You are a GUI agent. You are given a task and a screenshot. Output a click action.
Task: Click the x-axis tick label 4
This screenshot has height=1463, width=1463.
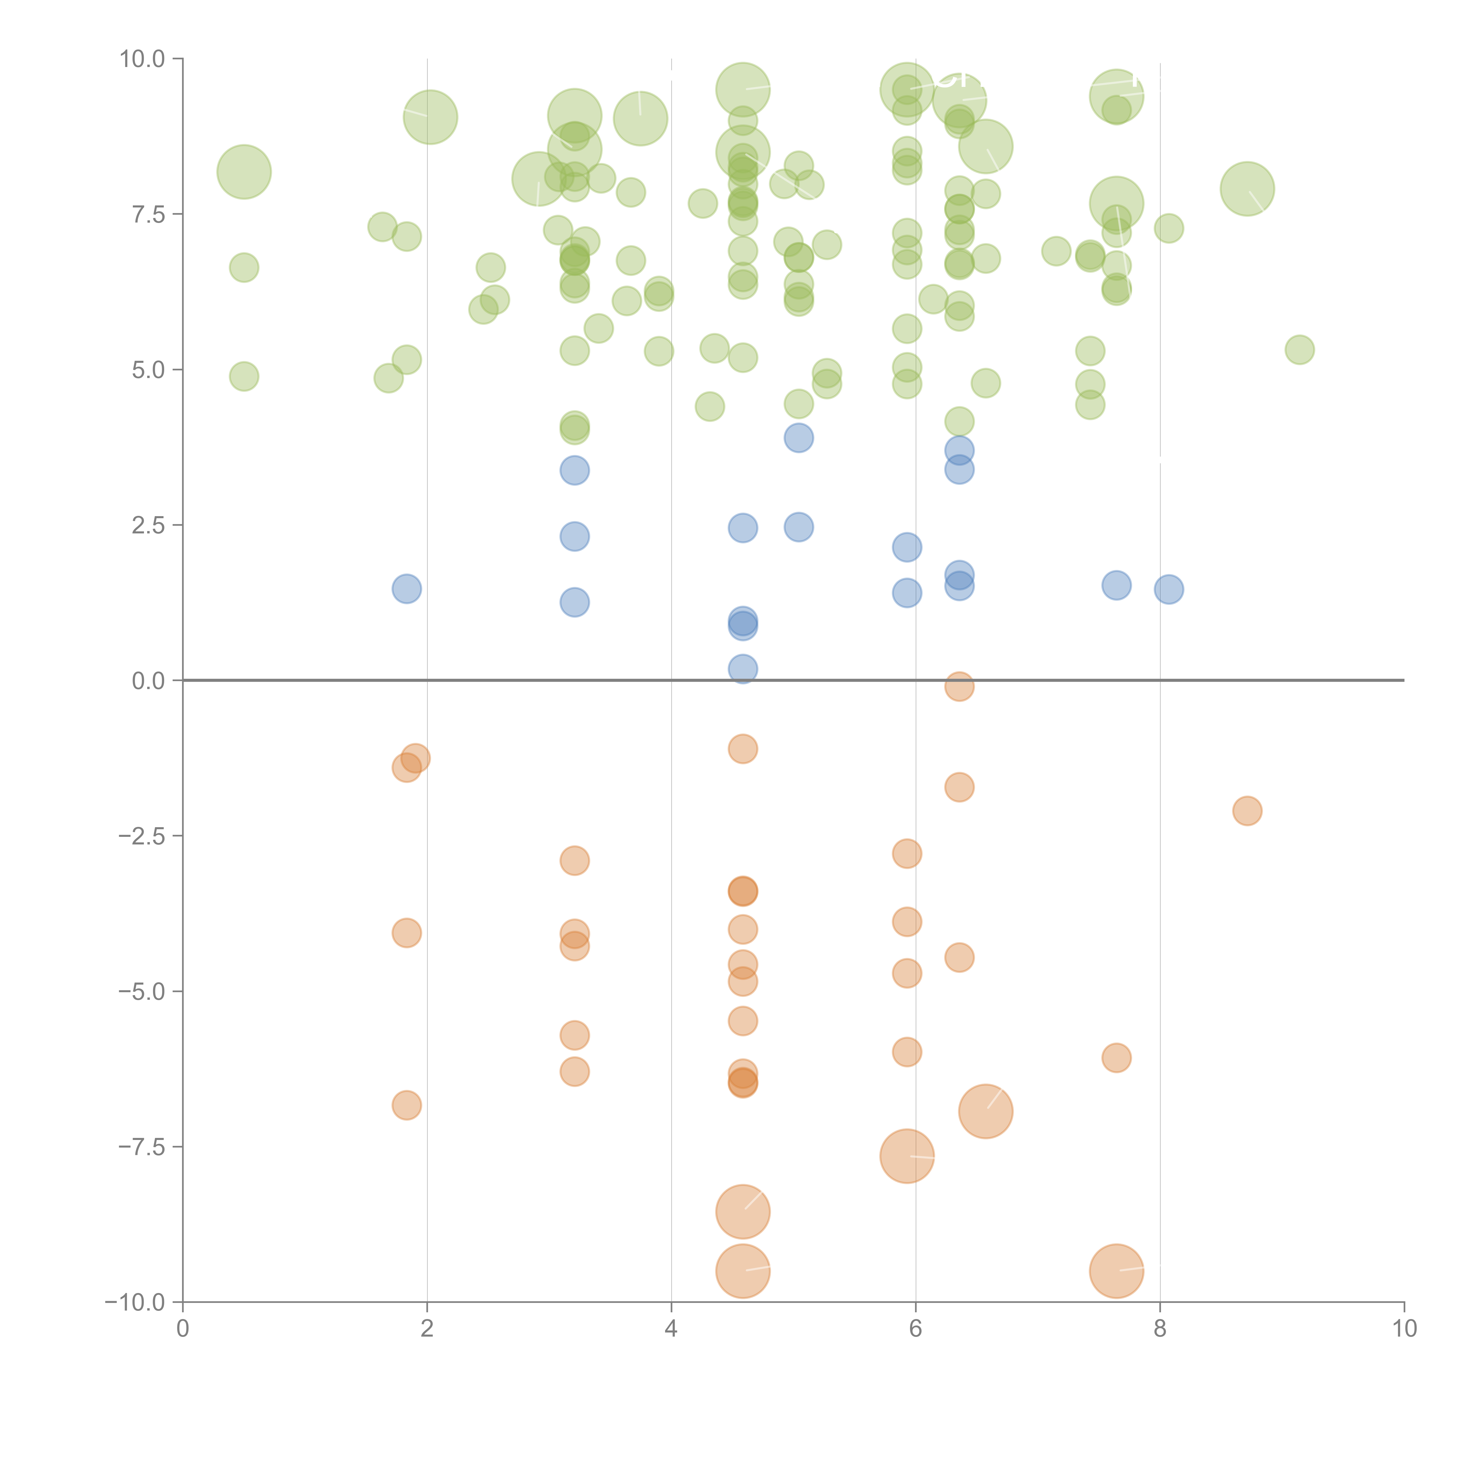[x=671, y=1329]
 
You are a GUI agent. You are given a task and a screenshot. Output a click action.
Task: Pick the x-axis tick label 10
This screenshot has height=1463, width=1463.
[x=1404, y=1329]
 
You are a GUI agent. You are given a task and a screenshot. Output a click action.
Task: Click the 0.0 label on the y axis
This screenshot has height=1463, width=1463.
[x=148, y=681]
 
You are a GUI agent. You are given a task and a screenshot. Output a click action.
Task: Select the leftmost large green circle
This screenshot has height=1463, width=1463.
[x=244, y=172]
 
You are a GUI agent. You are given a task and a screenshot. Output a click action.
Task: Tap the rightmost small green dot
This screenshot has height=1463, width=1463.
[x=1299, y=350]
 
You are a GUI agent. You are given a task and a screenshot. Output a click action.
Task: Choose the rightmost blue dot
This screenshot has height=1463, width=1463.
[x=1169, y=589]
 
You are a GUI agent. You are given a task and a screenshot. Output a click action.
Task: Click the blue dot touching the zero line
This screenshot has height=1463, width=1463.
[x=743, y=669]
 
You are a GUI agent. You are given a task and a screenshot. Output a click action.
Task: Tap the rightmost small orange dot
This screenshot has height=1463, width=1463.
[x=1247, y=811]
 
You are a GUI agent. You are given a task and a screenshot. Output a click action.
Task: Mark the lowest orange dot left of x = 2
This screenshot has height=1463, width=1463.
[x=407, y=1105]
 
